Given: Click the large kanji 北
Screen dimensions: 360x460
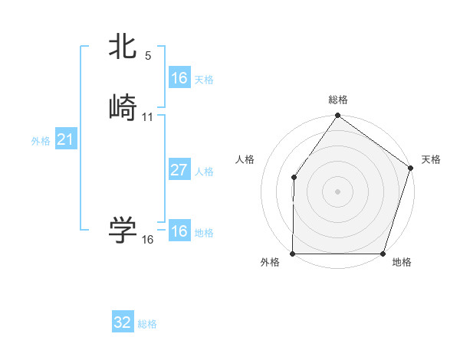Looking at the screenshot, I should point(123,47).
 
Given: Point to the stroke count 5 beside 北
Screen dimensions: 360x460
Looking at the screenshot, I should point(148,56).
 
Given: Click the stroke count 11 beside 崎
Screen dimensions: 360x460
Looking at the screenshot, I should point(148,116).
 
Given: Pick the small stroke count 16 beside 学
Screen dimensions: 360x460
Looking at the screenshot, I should point(148,240).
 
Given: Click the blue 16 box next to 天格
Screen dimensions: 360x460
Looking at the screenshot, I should point(179,78).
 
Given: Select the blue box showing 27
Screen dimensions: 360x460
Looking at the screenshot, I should point(179,170).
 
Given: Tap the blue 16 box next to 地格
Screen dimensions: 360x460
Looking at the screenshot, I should point(179,231).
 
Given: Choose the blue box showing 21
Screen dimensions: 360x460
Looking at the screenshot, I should point(65,139).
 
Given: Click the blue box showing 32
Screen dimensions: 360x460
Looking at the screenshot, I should point(123,322).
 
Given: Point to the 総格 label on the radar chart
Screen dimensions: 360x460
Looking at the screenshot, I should point(338,100).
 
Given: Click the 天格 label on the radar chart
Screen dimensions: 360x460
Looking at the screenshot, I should point(431,159).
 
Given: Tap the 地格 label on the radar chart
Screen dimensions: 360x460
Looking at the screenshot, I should point(402,263).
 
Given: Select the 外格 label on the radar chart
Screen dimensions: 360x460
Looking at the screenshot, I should point(270,263).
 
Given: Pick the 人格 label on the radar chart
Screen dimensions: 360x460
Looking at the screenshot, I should point(245,159).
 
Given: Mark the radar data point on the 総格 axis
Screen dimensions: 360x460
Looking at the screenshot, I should point(337,116).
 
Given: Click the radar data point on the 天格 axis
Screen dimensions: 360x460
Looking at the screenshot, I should point(410,169).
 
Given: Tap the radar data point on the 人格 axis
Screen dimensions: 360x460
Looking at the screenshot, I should point(294,178).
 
